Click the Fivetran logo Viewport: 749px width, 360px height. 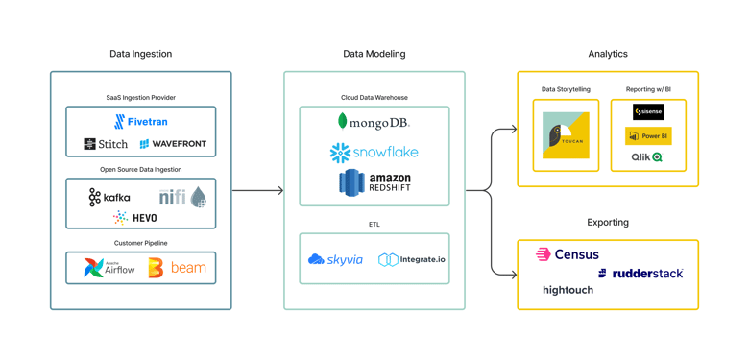pos(140,122)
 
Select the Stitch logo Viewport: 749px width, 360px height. pos(106,144)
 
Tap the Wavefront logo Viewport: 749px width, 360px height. pos(173,144)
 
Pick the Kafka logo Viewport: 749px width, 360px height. pos(109,197)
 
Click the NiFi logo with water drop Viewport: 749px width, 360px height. pos(182,197)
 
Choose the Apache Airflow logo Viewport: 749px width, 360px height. pos(109,268)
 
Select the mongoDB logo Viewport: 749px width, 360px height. pos(374,122)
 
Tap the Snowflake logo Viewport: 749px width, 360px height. pos(374,153)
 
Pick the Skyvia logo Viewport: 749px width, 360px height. pos(335,259)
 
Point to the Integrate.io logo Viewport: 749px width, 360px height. pos(412,259)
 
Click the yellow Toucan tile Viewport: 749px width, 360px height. pos(566,135)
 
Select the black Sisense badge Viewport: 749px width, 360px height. pos(648,112)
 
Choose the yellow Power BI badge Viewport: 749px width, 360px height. pos(648,136)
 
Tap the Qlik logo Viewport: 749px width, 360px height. pos(646,157)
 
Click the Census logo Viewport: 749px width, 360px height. pos(568,254)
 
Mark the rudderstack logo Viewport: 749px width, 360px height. pos(640,274)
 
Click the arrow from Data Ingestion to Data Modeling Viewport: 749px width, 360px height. pos(257,190)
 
